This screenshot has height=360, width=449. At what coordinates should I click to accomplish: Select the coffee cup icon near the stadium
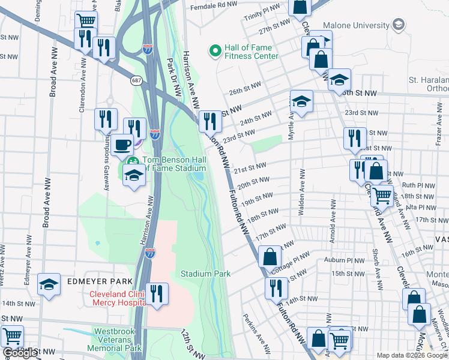pos(122,145)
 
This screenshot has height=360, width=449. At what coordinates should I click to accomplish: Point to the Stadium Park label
pos(206,274)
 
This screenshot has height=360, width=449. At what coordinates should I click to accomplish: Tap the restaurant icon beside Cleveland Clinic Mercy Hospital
pos(157,293)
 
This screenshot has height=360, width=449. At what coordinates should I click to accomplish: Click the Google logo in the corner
pos(20,353)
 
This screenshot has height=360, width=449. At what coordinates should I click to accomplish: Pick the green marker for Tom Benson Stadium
pos(133,161)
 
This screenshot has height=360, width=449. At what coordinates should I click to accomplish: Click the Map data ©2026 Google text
pos(411,355)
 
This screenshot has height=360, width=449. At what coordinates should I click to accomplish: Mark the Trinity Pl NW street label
pos(262,11)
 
